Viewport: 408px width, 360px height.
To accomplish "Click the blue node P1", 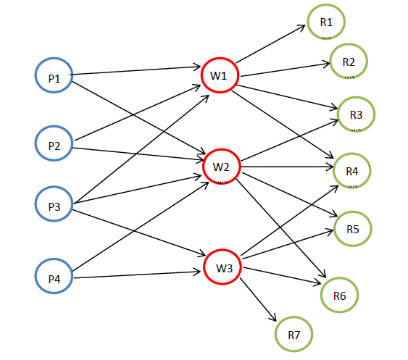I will click(x=54, y=75).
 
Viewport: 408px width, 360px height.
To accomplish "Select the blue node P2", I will click(x=54, y=146).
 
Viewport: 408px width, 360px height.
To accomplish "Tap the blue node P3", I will click(x=54, y=206).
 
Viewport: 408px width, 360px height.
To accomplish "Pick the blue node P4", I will click(x=54, y=278).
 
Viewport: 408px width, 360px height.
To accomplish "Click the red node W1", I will click(x=219, y=75).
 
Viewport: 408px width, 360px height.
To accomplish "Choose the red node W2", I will click(x=221, y=167).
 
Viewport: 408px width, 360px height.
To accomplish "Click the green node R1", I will click(x=325, y=22).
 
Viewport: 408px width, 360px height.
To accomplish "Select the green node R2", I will click(x=348, y=61).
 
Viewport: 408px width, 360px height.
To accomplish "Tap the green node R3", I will click(x=356, y=114).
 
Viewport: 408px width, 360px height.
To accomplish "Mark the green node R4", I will click(x=352, y=171).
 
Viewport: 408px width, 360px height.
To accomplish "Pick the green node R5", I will click(x=352, y=229).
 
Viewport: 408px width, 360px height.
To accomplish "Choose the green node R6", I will click(x=339, y=295).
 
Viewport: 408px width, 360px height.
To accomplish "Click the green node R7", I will click(x=293, y=335).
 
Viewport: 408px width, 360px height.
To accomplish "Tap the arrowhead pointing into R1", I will click(x=304, y=28).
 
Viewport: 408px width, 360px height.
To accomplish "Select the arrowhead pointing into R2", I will click(x=325, y=63).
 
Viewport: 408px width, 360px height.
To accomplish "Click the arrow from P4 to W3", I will click(x=138, y=276).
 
